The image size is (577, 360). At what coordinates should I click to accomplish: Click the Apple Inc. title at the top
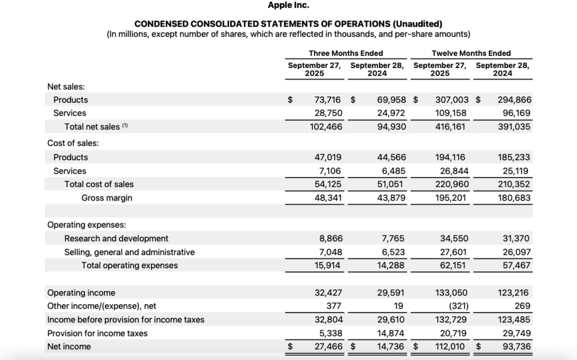pyautogui.click(x=288, y=5)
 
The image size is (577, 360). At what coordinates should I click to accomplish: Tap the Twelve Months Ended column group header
pyautogui.click(x=471, y=53)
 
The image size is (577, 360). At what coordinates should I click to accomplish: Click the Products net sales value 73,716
pyautogui.click(x=327, y=100)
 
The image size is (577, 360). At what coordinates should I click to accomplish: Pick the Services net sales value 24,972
pyautogui.click(x=391, y=113)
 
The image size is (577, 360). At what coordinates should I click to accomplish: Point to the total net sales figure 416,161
pyautogui.click(x=452, y=126)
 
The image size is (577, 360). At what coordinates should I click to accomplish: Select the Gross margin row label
pyautogui.click(x=107, y=198)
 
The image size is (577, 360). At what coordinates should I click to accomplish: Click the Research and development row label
pyautogui.click(x=116, y=238)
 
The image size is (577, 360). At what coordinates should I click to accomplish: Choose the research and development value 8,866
pyautogui.click(x=330, y=238)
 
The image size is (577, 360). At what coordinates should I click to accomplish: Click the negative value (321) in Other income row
pyautogui.click(x=458, y=306)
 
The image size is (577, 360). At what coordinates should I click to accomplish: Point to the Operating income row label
pyautogui.click(x=81, y=292)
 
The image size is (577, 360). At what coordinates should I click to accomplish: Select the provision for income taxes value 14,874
pyautogui.click(x=391, y=333)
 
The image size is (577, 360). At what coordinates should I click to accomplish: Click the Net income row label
pyautogui.click(x=69, y=346)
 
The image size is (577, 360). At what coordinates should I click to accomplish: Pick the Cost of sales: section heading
pyautogui.click(x=73, y=143)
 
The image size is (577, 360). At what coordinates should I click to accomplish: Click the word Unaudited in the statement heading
pyautogui.click(x=417, y=24)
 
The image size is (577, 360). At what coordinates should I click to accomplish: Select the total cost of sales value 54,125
pyautogui.click(x=327, y=184)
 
